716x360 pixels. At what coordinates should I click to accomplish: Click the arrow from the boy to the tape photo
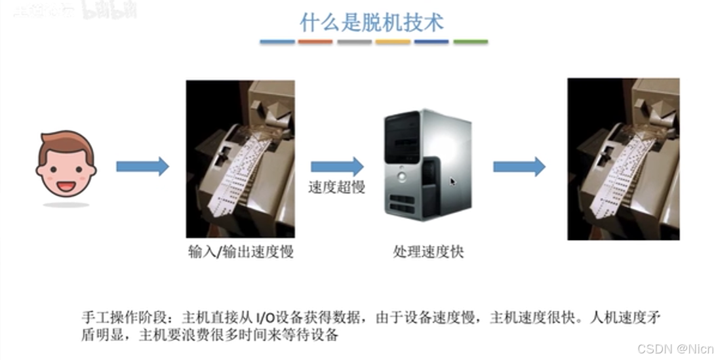pos(142,167)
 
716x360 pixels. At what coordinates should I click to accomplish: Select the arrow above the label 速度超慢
pos(336,167)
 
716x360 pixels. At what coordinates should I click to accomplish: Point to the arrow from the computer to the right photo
pos(519,167)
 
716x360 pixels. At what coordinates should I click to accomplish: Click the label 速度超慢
pos(336,187)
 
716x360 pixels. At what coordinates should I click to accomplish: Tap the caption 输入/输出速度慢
pos(241,251)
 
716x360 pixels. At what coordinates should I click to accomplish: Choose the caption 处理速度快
pos(428,251)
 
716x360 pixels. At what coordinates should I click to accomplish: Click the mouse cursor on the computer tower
pos(452,182)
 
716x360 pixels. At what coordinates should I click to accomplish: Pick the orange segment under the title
pos(315,42)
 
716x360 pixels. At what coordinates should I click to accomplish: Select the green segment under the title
pos(471,42)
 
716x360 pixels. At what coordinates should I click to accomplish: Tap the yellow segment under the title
pos(393,42)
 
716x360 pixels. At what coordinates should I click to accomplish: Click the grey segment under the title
pos(354,42)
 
